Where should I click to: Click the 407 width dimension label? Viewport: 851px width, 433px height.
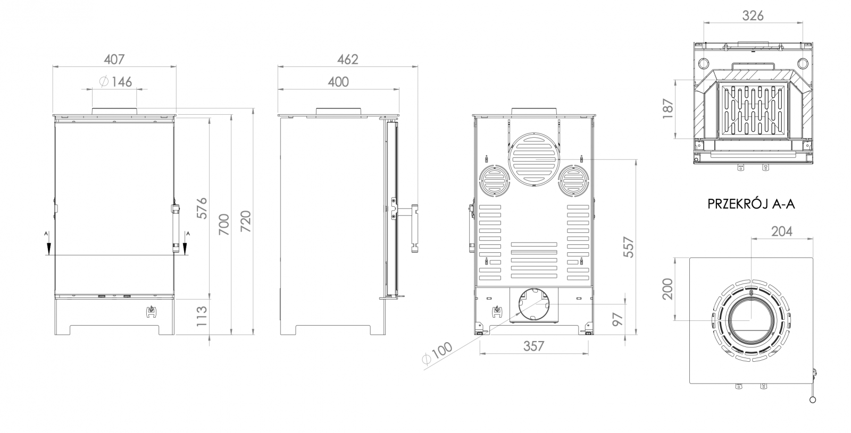click(114, 59)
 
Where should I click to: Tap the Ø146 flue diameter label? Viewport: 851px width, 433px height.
click(115, 82)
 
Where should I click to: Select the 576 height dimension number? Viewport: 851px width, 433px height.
click(202, 208)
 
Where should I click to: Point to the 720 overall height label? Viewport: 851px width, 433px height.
click(246, 221)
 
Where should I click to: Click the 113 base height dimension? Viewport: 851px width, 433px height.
click(201, 316)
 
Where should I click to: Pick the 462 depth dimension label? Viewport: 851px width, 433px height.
click(348, 59)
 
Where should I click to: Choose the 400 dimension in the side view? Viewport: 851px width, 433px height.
click(338, 82)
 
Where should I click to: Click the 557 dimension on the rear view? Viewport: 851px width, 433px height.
click(629, 247)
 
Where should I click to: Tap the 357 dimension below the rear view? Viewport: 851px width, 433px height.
click(534, 346)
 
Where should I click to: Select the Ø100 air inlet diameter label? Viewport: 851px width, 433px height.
click(437, 353)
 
